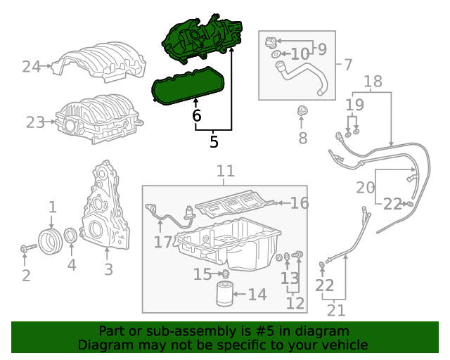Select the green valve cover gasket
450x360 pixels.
tap(188, 85)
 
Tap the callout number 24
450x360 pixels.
tap(31, 67)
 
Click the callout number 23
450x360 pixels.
tap(35, 122)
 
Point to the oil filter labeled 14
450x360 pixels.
tap(226, 294)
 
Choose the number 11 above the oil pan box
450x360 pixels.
tap(225, 171)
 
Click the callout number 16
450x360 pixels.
tap(300, 203)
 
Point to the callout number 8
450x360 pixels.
tap(302, 138)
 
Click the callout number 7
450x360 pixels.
tap(347, 65)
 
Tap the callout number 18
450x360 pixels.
tap(373, 81)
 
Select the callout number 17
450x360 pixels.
tap(162, 242)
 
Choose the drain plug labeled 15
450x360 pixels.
tap(225, 273)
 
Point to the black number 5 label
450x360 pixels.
tap(214, 141)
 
